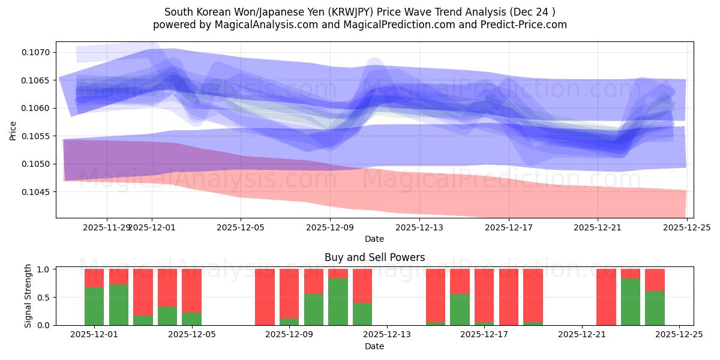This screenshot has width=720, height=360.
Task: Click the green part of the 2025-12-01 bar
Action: tap(94, 306)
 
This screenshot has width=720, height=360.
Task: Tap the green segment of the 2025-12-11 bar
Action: tap(338, 301)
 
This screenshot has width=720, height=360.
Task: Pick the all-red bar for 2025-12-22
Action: tap(606, 297)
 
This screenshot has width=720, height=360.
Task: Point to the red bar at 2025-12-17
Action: tap(508, 297)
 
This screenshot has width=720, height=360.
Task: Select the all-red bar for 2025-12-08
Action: tap(265, 297)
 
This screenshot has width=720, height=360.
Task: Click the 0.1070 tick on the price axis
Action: tap(37, 53)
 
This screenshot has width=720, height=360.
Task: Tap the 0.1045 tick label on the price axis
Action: tap(37, 192)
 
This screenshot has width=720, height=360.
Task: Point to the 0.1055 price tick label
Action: tap(37, 136)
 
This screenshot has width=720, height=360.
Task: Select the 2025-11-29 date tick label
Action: tap(106, 227)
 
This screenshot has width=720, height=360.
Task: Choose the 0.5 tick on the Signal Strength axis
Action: tap(44, 298)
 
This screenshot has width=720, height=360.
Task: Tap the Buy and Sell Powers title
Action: tap(374, 257)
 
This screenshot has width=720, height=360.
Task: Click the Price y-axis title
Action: tap(13, 130)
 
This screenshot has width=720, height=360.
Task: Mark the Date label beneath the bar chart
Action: tap(374, 346)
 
